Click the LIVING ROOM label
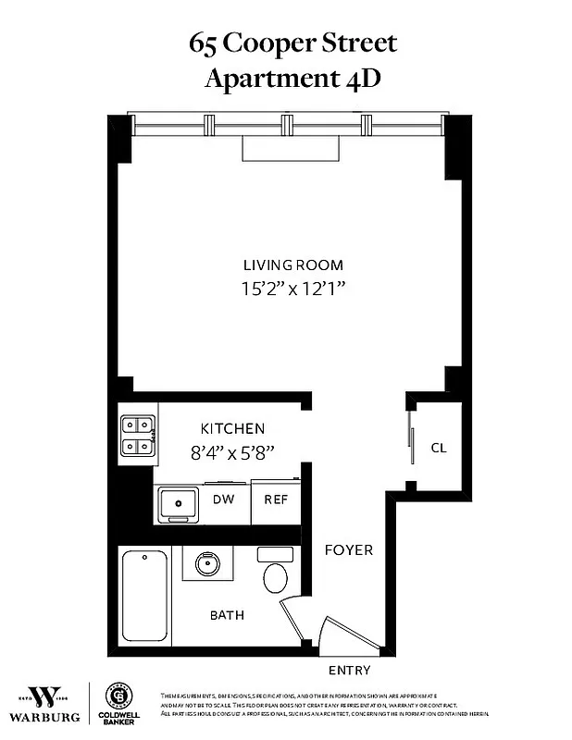(x=292, y=264)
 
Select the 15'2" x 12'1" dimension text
(x=292, y=289)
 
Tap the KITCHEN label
(x=233, y=428)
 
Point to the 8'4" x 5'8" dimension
(x=233, y=453)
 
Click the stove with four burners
(x=137, y=437)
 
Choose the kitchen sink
(x=178, y=503)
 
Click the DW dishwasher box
(x=223, y=499)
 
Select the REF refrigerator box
(x=276, y=499)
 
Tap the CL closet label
(x=439, y=448)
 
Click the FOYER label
(x=348, y=549)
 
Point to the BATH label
(x=227, y=614)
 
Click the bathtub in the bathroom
(x=145, y=596)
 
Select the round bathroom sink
(x=205, y=563)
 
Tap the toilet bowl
(x=276, y=577)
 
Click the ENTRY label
(x=350, y=670)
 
